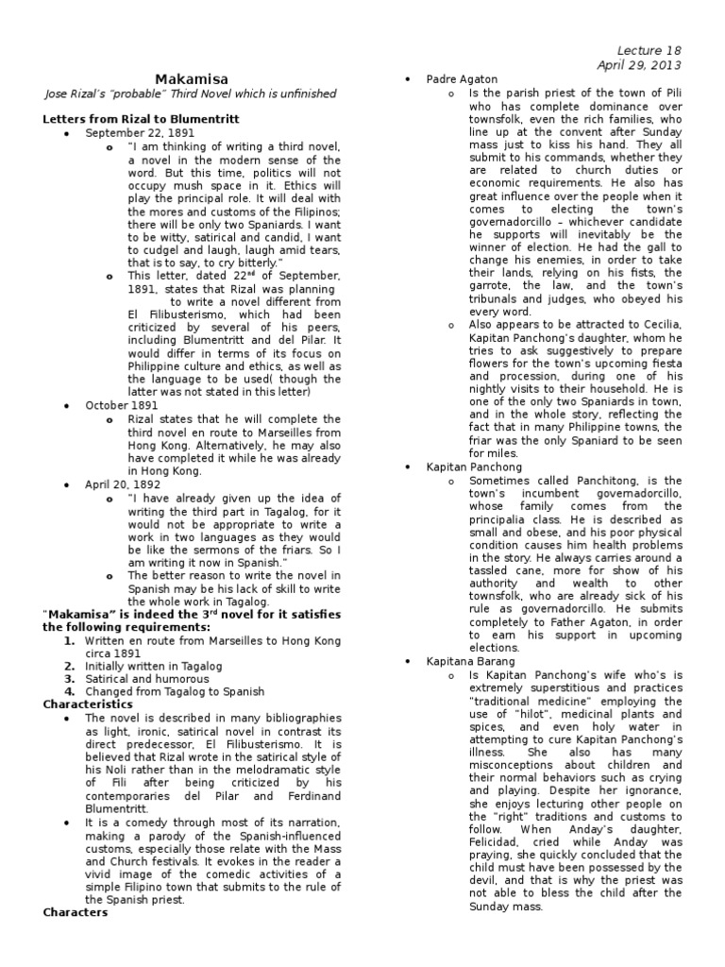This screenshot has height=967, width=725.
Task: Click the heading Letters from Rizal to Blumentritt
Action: click(x=142, y=119)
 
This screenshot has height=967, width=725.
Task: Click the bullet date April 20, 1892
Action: click(x=119, y=483)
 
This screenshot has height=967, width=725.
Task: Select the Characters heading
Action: click(x=76, y=912)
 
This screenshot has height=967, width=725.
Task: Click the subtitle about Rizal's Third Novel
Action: click(x=190, y=94)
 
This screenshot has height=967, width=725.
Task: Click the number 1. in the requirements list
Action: click(x=69, y=639)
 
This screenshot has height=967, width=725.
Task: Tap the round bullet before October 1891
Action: click(x=67, y=404)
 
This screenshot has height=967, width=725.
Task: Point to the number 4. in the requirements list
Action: click(x=69, y=691)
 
